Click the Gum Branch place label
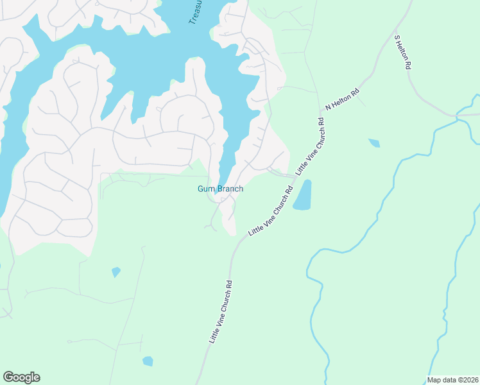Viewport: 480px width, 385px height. click(220, 189)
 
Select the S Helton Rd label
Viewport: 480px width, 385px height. click(403, 53)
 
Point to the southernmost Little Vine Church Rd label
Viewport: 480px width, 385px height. click(220, 311)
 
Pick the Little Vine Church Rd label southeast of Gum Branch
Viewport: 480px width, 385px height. click(270, 211)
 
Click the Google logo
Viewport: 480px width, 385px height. click(21, 377)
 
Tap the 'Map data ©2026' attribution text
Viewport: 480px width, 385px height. click(452, 380)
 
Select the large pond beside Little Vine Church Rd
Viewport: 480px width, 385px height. click(302, 195)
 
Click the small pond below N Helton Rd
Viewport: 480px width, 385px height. click(373, 143)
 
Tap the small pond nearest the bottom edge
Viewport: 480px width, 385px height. click(148, 361)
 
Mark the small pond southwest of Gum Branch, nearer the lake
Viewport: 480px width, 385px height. click(116, 272)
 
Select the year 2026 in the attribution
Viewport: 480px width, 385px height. click(470, 380)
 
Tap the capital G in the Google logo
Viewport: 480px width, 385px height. click(8, 377)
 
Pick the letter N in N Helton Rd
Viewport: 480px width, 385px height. click(328, 108)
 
